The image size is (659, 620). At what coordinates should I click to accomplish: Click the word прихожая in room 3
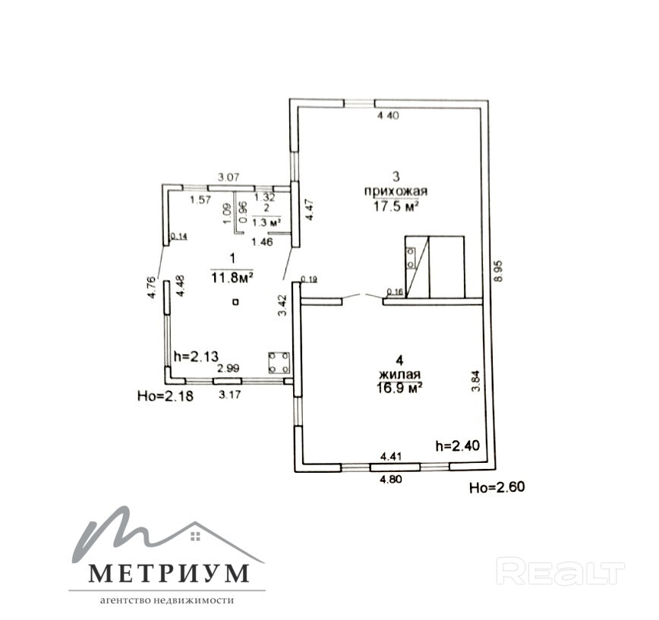click(x=394, y=192)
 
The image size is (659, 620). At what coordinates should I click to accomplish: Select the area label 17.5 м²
click(x=394, y=206)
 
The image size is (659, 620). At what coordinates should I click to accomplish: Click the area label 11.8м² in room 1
click(x=232, y=277)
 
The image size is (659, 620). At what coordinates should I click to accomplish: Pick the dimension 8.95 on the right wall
click(x=497, y=268)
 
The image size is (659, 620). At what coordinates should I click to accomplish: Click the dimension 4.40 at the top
click(x=389, y=116)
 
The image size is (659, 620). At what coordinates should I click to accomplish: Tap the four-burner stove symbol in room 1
click(x=279, y=363)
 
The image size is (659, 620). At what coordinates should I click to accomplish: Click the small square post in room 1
click(x=236, y=302)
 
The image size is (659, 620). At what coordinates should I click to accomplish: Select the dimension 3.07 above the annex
click(x=229, y=178)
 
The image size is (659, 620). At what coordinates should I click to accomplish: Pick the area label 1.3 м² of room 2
click(x=266, y=222)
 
